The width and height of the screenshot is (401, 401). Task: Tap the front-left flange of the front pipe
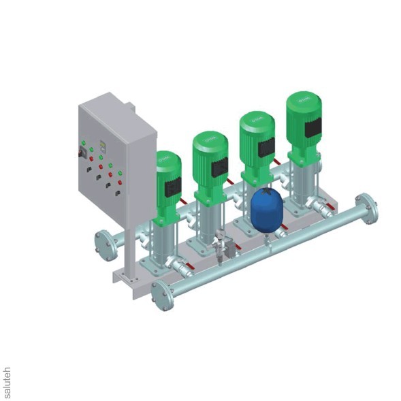162,294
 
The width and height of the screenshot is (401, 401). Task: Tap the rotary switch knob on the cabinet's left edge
86,155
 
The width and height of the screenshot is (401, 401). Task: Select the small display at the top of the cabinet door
103,144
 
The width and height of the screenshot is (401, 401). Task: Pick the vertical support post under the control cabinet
129,252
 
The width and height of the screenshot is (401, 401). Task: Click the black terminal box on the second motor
219,167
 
